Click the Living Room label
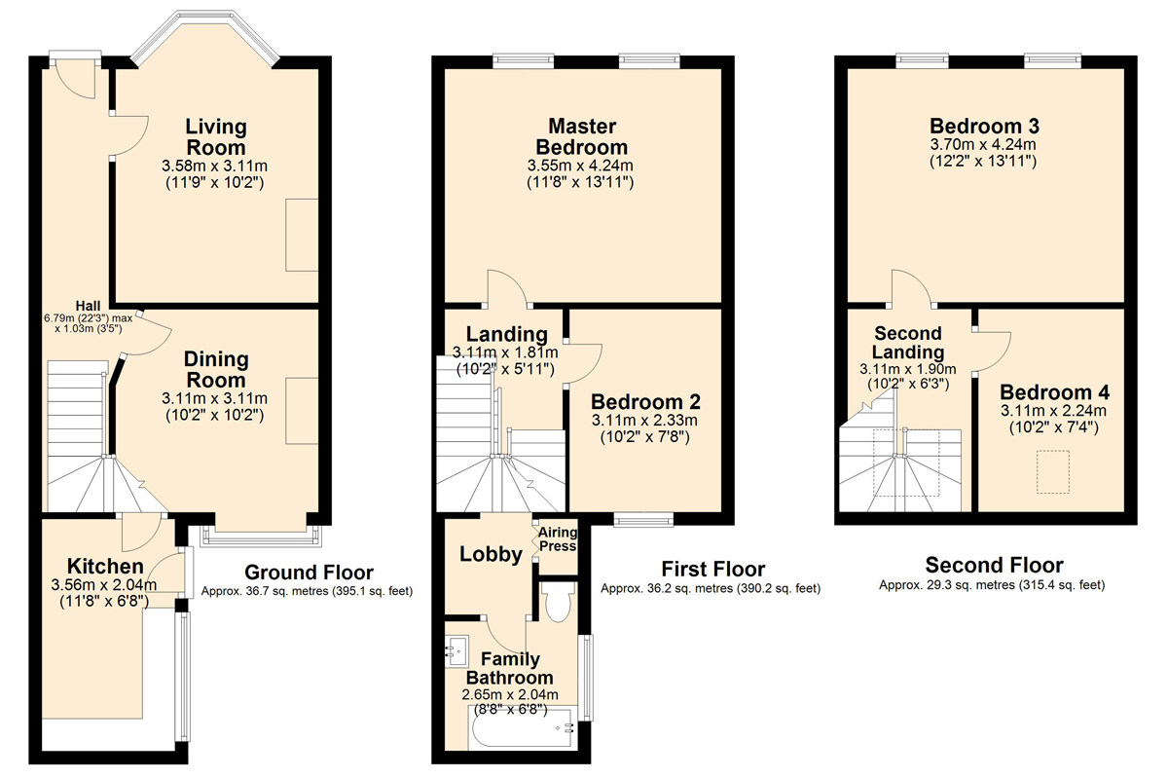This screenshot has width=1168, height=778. (216, 136)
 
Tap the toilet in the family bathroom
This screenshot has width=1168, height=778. (558, 602)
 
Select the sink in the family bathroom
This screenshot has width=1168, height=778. (456, 650)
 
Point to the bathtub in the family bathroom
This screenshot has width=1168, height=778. (522, 728)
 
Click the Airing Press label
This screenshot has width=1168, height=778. (558, 539)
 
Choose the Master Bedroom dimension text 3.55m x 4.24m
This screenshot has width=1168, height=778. (580, 166)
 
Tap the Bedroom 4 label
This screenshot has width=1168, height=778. (1054, 391)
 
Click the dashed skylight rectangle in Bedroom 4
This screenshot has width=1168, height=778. (1053, 471)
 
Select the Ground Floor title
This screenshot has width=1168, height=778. (309, 573)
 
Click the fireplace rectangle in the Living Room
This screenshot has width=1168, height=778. (302, 235)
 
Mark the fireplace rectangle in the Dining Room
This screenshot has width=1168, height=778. (302, 411)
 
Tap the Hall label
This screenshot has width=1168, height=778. (89, 306)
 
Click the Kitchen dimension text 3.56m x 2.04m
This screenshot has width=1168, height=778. (104, 585)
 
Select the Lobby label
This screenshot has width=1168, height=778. (491, 554)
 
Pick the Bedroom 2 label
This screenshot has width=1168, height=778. (645, 401)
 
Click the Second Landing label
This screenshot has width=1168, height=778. (908, 343)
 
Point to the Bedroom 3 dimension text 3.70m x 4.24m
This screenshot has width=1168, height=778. (983, 144)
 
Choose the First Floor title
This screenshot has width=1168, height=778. (713, 569)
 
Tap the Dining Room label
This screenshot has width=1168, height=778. (216, 369)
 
